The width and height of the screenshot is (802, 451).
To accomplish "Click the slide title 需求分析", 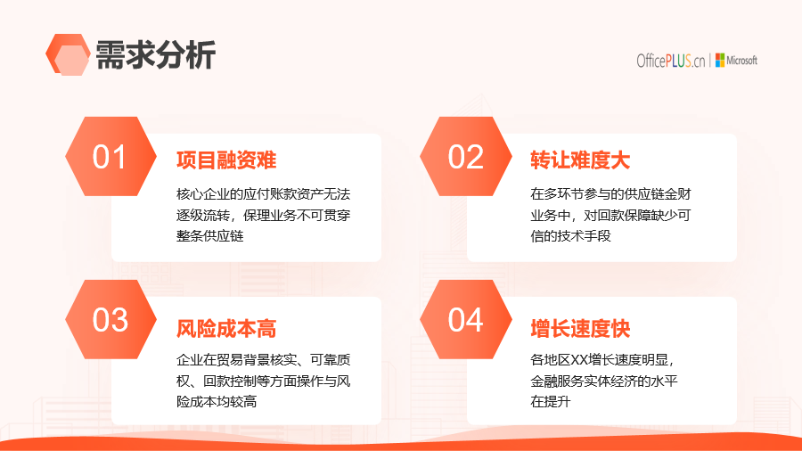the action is tap(155, 54).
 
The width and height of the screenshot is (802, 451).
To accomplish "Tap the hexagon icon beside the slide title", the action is tap(68, 54).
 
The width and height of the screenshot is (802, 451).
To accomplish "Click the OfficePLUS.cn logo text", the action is tap(670, 61).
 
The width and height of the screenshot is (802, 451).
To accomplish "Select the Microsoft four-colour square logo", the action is tap(720, 61).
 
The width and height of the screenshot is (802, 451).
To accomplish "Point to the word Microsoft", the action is tap(741, 61).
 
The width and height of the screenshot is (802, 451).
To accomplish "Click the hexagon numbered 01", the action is tap(111, 157).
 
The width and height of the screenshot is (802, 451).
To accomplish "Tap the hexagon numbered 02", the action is tap(466, 157).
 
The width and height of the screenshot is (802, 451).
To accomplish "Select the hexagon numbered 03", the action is tap(111, 320).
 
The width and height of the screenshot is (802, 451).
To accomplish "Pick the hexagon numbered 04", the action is tap(466, 320).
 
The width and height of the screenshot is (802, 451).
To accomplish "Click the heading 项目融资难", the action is tap(226, 160).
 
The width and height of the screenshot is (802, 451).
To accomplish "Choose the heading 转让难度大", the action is tap(580, 160).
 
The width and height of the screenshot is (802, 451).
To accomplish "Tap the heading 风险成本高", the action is tap(226, 328).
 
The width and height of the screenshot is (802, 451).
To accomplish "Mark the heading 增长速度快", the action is tap(580, 328).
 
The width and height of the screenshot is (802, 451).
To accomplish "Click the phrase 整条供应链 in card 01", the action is tap(209, 235).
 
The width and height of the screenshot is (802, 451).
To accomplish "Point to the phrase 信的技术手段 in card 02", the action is tap(571, 235).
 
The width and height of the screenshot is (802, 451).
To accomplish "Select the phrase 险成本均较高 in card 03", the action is tap(217, 401).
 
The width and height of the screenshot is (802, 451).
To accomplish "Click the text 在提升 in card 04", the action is tap(551, 401).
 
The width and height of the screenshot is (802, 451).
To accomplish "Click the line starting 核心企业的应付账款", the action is tap(264, 193).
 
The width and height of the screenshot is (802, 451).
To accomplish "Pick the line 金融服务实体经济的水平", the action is tap(604, 381).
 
